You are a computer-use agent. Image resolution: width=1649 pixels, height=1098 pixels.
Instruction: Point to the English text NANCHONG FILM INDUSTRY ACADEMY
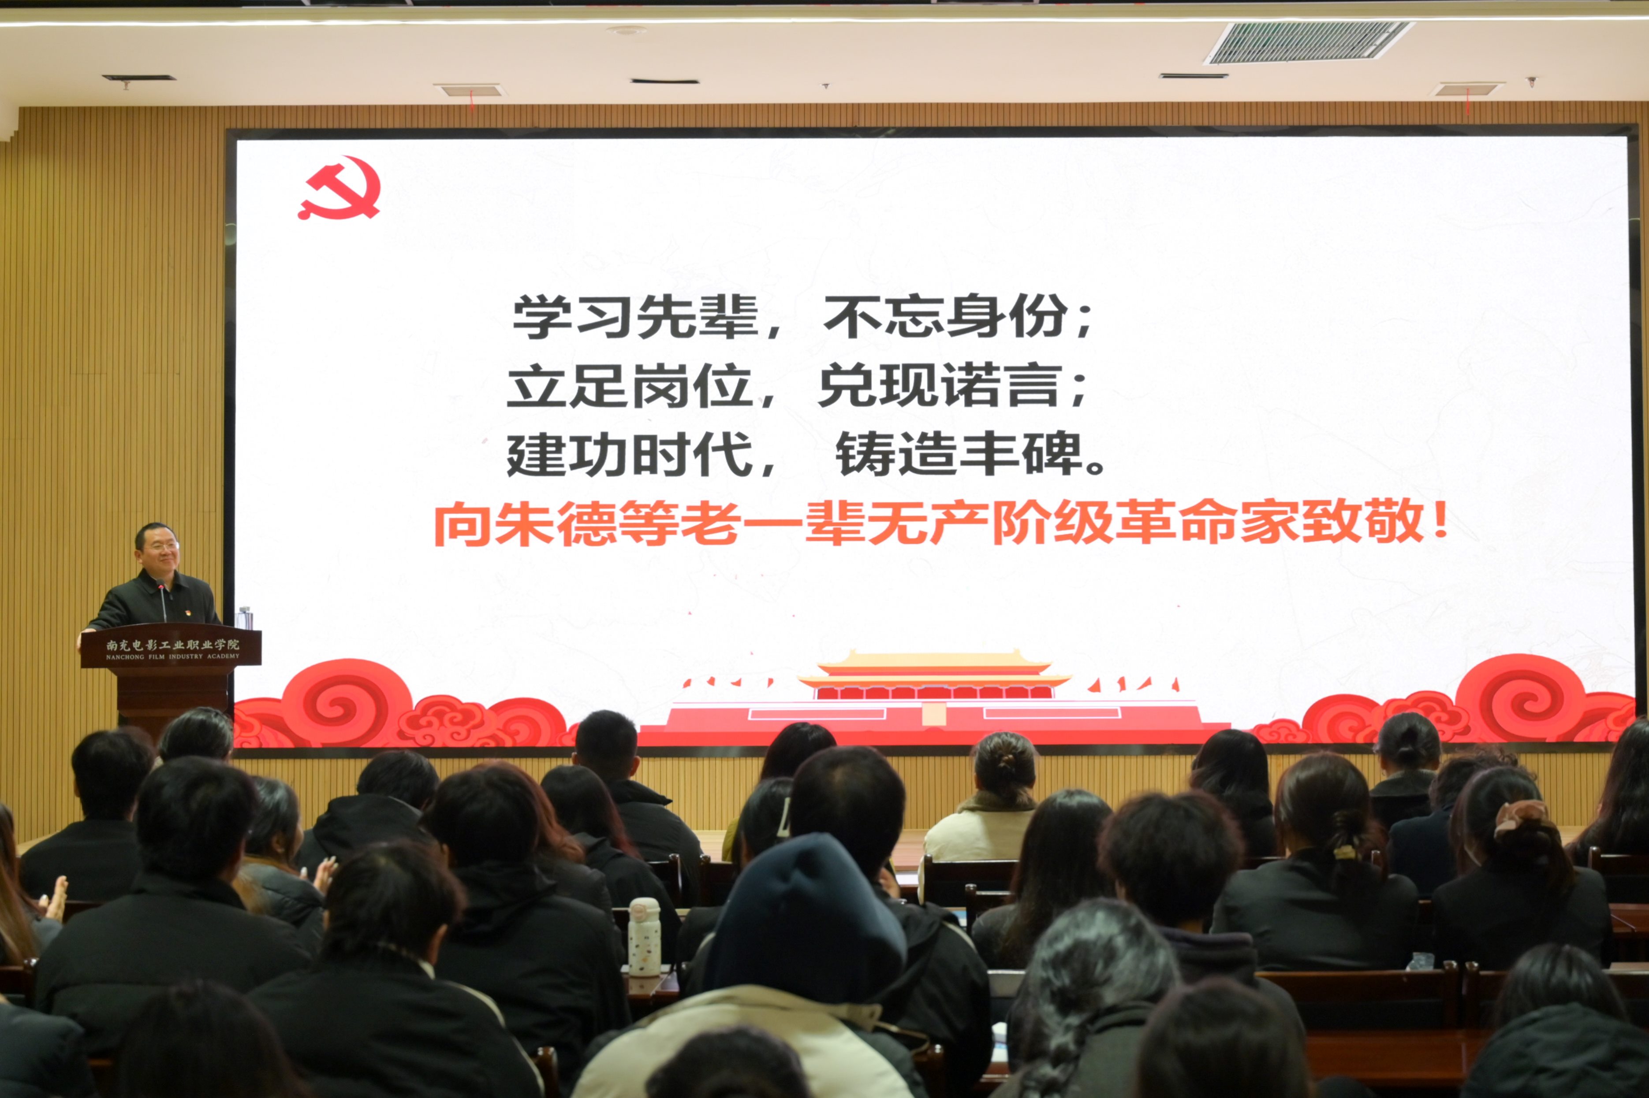pyautogui.click(x=172, y=657)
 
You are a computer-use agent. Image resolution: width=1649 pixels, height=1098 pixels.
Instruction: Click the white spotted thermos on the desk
pyautogui.click(x=643, y=936)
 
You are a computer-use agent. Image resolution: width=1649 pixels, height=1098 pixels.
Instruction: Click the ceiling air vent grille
pyautogui.click(x=1308, y=42)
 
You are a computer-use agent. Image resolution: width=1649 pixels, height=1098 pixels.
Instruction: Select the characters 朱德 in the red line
pyautogui.click(x=526, y=524)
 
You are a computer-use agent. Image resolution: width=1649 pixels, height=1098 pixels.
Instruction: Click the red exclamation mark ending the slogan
pyautogui.click(x=1441, y=519)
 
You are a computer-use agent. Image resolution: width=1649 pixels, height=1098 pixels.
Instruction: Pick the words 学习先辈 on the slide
pyautogui.click(x=636, y=316)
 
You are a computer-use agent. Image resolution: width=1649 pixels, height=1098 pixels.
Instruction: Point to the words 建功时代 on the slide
pyautogui.click(x=630, y=454)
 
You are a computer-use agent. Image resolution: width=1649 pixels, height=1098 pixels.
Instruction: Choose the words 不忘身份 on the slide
pyautogui.click(x=946, y=316)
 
